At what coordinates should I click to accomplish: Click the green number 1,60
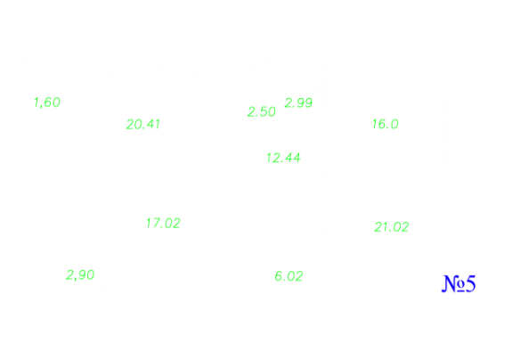coord(47,102)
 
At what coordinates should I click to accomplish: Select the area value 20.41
coord(143,124)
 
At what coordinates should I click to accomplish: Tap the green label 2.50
coord(262,111)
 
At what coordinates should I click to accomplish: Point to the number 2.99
coord(298,102)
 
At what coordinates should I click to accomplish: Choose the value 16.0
coord(386,124)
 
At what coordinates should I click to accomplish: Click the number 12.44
coord(283,158)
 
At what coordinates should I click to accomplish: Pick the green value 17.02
coord(163,224)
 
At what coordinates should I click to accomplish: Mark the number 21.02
coord(392,227)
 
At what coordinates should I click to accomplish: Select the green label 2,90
coord(80,275)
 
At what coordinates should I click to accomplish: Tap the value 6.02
coord(289,276)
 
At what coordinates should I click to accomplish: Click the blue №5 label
coord(459,283)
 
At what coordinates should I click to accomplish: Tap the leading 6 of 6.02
coord(278,276)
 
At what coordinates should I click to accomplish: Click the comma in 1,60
coord(40,106)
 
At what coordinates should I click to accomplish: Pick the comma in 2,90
coord(75,278)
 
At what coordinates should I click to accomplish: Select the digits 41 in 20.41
coord(153,124)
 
